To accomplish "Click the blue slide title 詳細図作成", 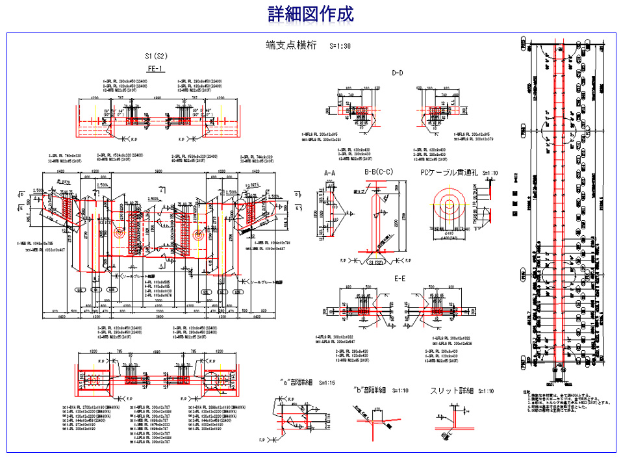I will pos(310,14).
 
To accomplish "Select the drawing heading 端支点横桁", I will pos(292,45).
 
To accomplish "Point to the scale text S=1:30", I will pos(340,46).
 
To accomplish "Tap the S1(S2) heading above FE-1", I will pos(157,57).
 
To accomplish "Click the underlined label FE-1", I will pos(156,68).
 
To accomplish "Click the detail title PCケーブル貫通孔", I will pos(448,173).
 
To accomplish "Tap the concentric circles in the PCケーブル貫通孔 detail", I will pos(448,204).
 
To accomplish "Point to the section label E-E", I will pos(401,278).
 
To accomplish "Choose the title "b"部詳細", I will pos(370,390).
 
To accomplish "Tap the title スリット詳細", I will pos(451,390).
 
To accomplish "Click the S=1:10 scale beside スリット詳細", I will pos(485,391).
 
